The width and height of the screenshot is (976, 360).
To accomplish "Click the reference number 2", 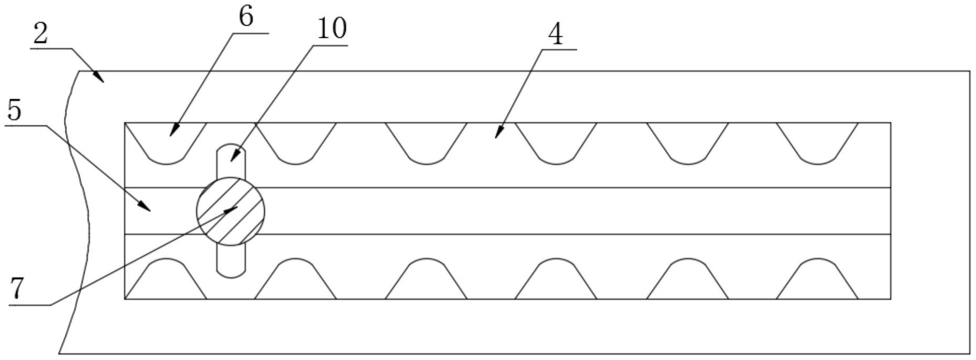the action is pos(40,34).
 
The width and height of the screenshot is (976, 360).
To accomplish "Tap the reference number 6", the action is pos(246,17).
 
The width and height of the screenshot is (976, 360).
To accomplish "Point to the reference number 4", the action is pos(555,35).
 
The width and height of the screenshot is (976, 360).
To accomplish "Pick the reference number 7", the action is pos(17,289).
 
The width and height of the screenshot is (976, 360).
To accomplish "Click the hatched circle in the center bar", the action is pos(231,211).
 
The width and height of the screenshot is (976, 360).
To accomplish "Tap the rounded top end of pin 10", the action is pos(231,144).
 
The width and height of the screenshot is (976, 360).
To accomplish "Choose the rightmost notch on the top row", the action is pos(817,143).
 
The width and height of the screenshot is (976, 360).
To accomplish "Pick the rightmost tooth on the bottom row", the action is pos(817,279).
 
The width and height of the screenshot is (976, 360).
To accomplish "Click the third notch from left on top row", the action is pos(426,143).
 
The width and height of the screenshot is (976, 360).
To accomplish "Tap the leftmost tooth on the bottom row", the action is pos(165,279).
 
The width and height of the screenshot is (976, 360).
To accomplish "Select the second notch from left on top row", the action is pos(296,143).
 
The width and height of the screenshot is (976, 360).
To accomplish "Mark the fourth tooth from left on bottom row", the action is pos(556,279).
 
